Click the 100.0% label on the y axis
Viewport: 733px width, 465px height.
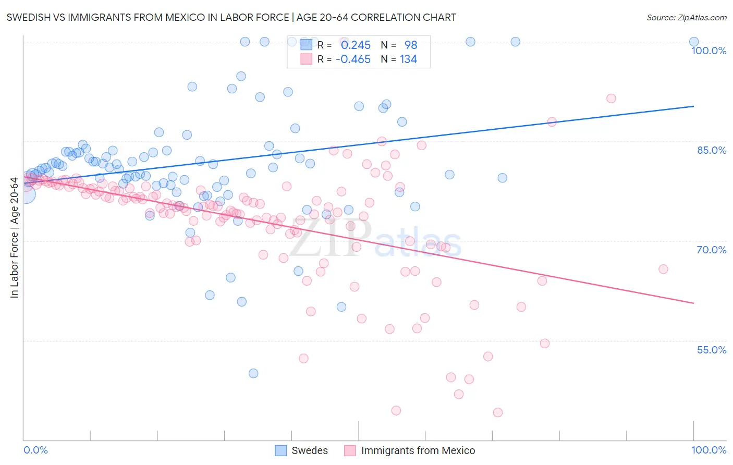708,51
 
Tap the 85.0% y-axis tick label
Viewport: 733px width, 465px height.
712,150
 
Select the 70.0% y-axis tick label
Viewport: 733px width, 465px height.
712,250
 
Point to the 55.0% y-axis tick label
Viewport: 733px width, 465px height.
712,350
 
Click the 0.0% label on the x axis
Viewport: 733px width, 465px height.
35,450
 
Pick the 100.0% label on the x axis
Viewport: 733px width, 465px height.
708,450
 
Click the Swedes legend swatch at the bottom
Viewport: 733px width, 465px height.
281,450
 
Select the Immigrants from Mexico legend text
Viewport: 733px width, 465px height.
418,450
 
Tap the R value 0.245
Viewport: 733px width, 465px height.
356,45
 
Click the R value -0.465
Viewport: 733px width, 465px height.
353,59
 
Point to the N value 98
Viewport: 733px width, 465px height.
411,45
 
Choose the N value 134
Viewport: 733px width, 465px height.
408,59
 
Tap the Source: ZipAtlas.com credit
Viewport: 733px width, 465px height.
686,17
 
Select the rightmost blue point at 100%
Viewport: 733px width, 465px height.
694,42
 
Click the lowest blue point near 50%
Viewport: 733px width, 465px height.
253,373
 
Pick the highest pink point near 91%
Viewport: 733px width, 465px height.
611,99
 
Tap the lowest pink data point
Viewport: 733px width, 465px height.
498,412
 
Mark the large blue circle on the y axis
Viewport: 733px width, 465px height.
25,194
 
